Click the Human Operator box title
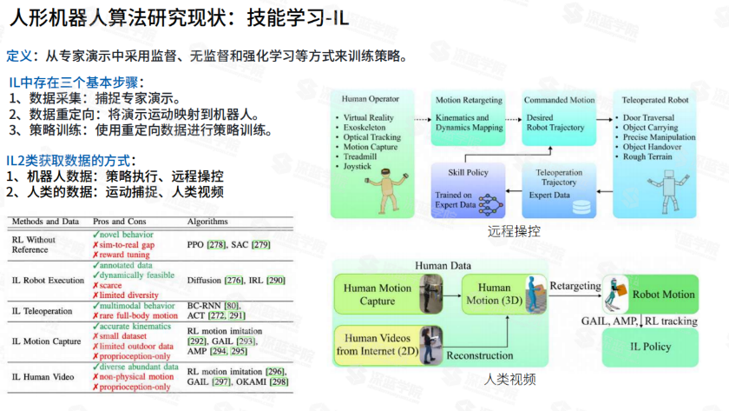371,100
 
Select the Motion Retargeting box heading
470,100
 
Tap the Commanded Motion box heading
559,100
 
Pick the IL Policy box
644,347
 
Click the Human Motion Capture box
377,295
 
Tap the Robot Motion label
664,295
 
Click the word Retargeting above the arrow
575,286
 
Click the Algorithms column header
207,222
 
